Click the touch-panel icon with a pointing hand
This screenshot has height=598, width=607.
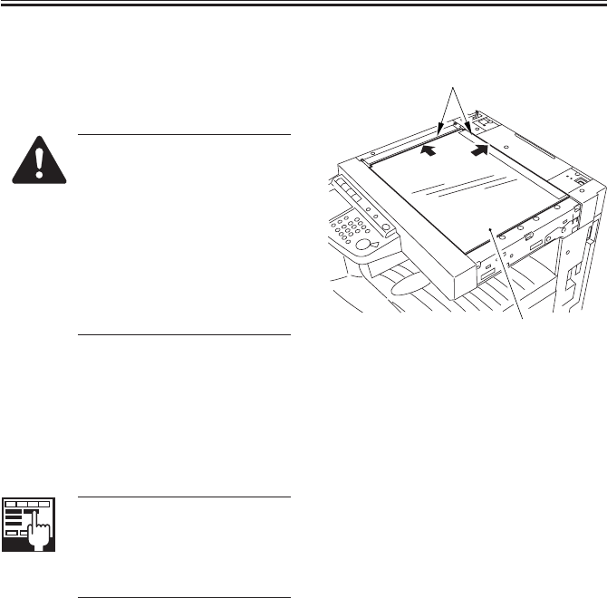pos(30,525)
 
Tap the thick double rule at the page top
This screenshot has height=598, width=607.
pos(303,5)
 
